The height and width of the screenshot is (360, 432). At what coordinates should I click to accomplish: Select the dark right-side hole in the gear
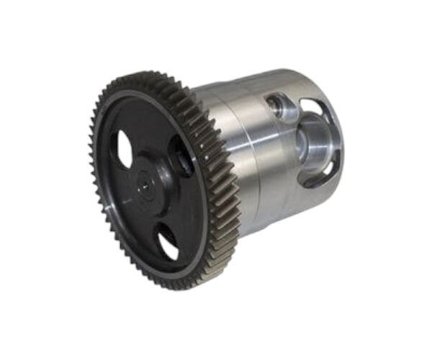[x=181, y=156]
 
